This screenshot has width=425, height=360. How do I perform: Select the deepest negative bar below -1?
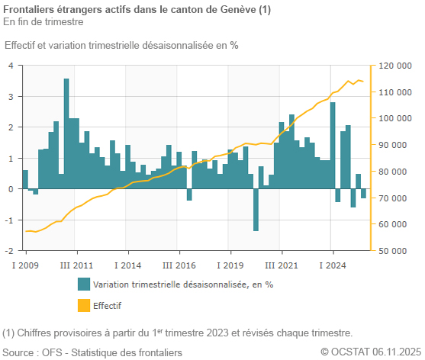pyautogui.click(x=256, y=210)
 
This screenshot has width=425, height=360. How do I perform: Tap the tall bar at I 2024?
pyautogui.click(x=333, y=145)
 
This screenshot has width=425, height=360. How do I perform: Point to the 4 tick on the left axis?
pyautogui.click(x=11, y=66)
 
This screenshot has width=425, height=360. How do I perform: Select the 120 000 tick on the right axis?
pyautogui.click(x=394, y=66)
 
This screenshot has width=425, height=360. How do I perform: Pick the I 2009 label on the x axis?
pyautogui.click(x=25, y=265)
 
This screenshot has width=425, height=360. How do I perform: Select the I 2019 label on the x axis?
pyautogui.click(x=230, y=265)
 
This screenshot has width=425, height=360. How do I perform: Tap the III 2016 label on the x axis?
pyautogui.click(x=179, y=265)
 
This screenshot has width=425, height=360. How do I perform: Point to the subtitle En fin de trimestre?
pyautogui.click(x=43, y=21)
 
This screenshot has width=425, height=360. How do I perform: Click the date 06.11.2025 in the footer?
pyautogui.click(x=396, y=352)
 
